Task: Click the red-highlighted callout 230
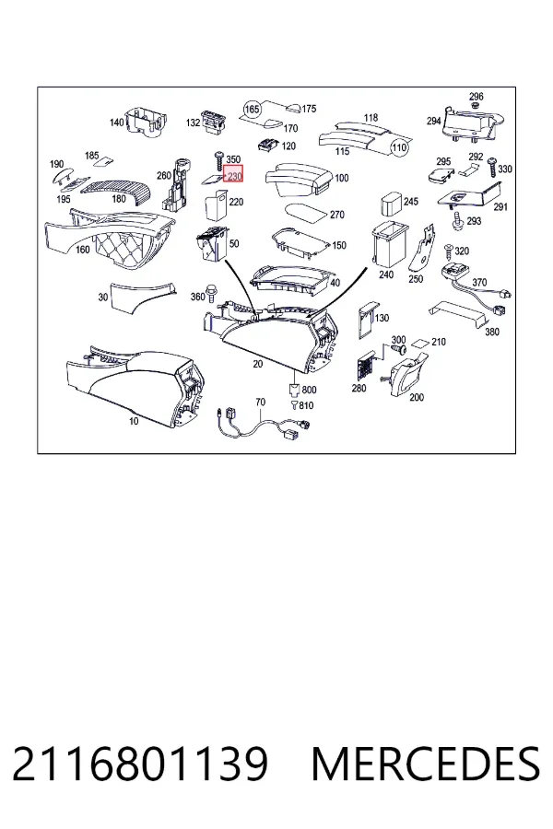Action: (233, 174)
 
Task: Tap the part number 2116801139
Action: (140, 764)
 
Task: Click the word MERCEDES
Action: (426, 764)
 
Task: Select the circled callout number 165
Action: (253, 110)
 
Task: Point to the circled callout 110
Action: (399, 146)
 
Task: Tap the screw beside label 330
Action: (491, 167)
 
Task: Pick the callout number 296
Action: (477, 96)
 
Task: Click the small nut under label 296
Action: (476, 105)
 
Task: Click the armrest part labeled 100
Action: (299, 180)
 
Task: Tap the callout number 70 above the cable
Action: (260, 403)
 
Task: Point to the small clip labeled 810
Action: (294, 405)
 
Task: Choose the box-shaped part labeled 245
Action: (392, 202)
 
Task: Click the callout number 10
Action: (134, 421)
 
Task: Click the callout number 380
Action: (492, 332)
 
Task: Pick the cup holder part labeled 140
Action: (144, 122)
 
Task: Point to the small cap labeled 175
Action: (294, 108)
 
